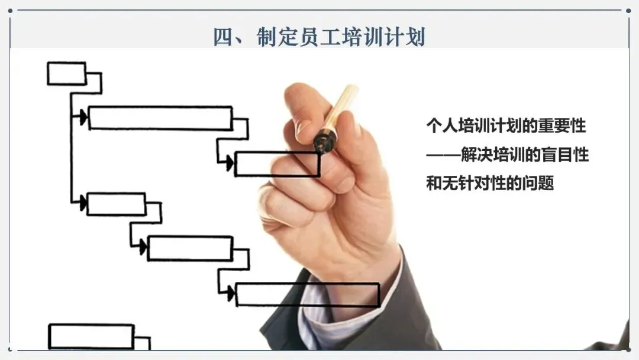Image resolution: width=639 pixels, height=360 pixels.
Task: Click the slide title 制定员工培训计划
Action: [x=319, y=37]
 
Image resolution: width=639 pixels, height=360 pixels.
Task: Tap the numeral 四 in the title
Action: [x=224, y=37]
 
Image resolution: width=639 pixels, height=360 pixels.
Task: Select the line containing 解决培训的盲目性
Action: [x=507, y=155]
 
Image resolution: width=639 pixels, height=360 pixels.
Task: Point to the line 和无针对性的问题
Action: [x=489, y=184]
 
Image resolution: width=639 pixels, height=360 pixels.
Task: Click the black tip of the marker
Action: [x=324, y=142]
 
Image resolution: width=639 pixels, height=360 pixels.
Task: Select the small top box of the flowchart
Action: [x=66, y=73]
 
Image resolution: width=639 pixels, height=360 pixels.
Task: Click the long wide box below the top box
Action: [x=160, y=118]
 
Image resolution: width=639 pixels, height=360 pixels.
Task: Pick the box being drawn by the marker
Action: [x=277, y=164]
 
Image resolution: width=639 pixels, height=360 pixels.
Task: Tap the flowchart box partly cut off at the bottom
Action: [x=91, y=336]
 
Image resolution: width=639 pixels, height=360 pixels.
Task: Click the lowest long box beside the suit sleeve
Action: [x=307, y=294]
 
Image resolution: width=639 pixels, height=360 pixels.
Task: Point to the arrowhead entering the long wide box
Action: [x=83, y=117]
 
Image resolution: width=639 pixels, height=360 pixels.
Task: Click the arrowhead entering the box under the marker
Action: [x=229, y=162]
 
